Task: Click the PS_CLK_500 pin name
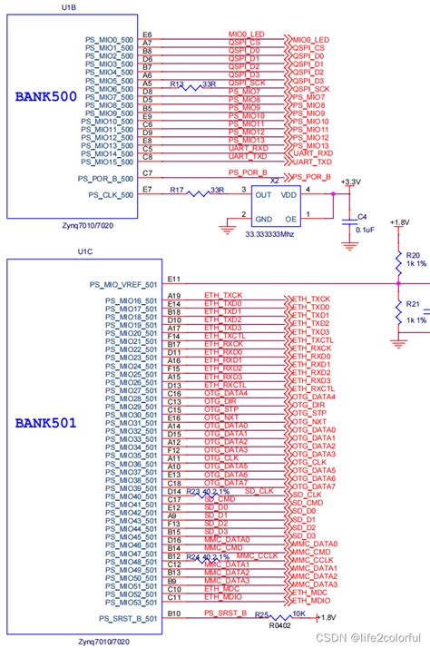click(111, 194)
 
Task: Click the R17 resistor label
click(178, 190)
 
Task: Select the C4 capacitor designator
click(361, 217)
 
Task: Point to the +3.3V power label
click(349, 182)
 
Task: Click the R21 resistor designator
click(414, 304)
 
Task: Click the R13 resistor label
click(178, 83)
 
